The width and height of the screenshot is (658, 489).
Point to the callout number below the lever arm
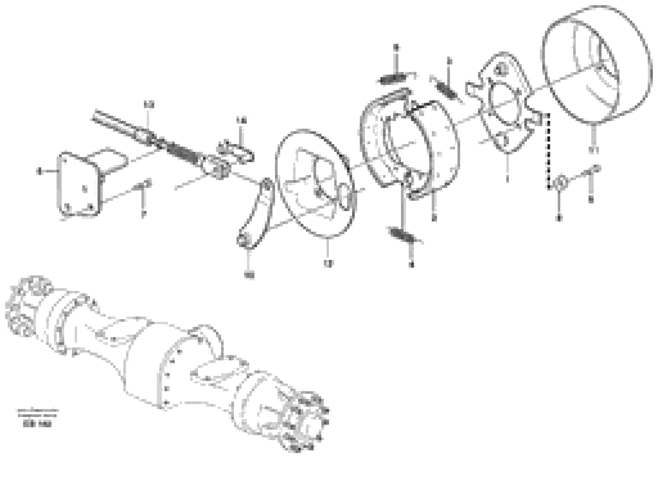pyautogui.click(x=249, y=275)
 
